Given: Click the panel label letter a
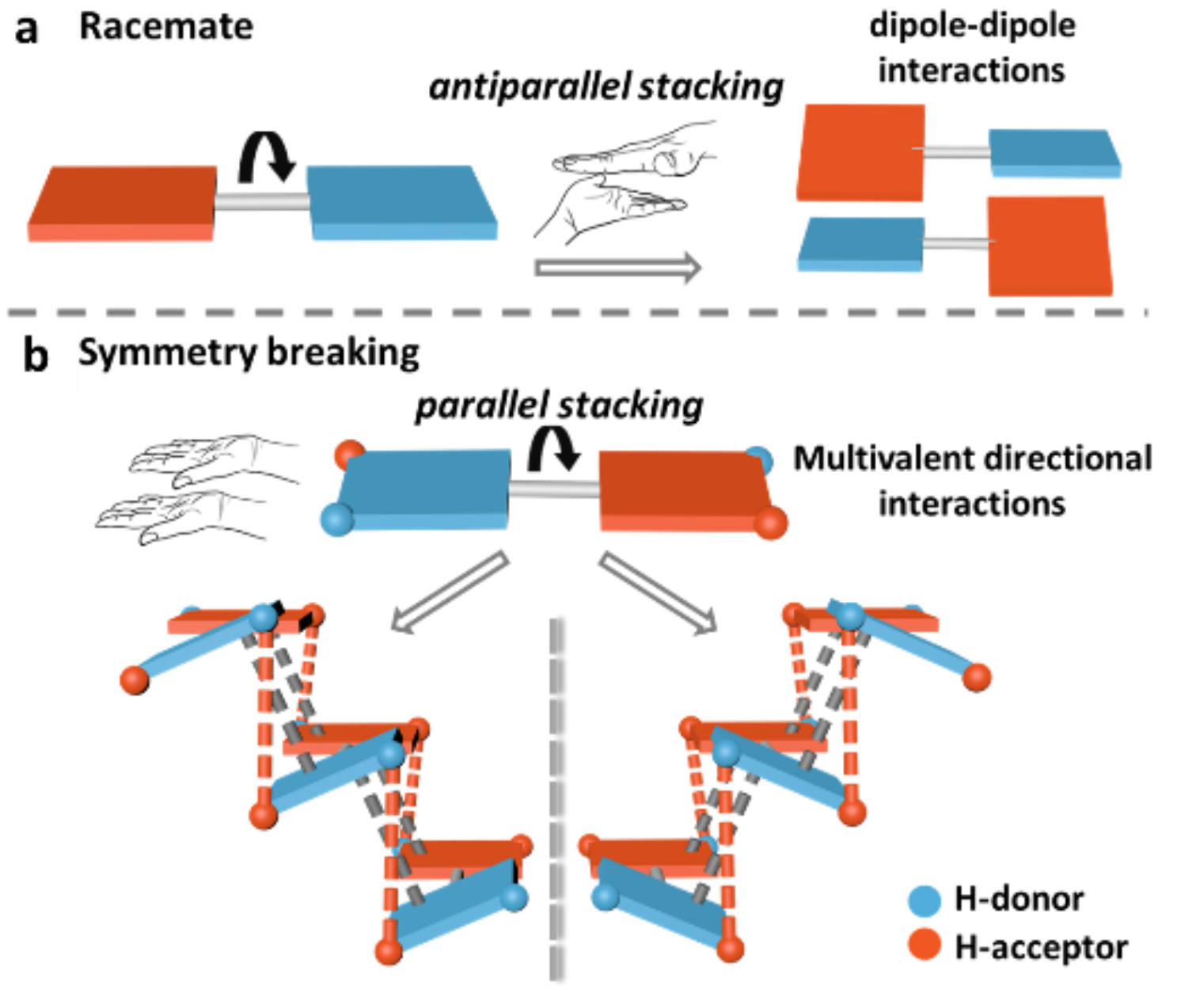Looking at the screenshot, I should [x=27, y=30].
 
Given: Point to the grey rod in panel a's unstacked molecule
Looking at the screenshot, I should [x=261, y=203].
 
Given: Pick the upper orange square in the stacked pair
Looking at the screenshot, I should [x=861, y=152].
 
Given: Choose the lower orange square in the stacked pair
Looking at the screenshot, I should [x=1049, y=246].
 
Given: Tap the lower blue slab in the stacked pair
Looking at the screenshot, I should [x=861, y=244].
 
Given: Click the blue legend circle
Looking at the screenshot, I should [x=925, y=901].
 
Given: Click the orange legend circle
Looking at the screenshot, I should [x=925, y=943].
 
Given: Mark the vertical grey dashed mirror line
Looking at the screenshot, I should [x=554, y=800].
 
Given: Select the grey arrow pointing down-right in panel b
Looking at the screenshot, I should [x=658, y=592].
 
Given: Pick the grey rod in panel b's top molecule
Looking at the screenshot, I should [x=552, y=489].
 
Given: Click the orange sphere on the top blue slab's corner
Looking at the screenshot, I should [x=347, y=454].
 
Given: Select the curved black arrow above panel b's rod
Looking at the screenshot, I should [x=554, y=449].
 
